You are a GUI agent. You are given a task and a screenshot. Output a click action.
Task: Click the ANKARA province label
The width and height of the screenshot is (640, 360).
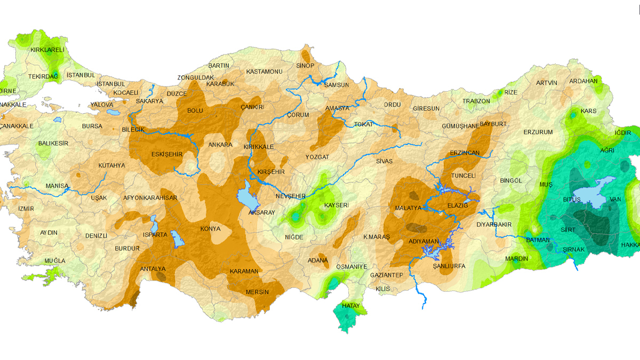tap(220, 145)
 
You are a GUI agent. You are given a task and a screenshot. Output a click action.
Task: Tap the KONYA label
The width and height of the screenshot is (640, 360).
tap(210, 229)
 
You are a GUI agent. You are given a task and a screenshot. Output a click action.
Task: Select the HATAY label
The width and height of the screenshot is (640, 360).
tap(350, 306)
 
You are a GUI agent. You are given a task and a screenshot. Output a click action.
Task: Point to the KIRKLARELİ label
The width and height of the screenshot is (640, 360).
tap(47, 50)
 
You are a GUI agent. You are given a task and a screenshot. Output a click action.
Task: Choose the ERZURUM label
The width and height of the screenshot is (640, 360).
tap(538, 132)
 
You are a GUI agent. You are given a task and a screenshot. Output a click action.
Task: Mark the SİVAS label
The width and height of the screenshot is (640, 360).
tap(384, 161)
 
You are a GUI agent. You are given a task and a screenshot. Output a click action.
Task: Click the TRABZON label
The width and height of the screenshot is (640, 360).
tap(476, 101)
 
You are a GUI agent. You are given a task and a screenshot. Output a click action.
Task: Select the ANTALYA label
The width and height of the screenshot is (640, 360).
tap(153, 269)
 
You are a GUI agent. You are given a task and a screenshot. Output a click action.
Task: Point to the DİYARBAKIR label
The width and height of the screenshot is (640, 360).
tap(494, 225)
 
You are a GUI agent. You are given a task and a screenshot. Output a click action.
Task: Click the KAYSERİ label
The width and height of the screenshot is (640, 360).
tap(336, 205)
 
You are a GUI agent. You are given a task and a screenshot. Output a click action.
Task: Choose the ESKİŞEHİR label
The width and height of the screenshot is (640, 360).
tap(167, 154)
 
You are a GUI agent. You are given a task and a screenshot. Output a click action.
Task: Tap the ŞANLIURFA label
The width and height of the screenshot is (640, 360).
tap(449, 266)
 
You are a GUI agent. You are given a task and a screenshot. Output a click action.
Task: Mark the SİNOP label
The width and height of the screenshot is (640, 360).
tap(306, 66)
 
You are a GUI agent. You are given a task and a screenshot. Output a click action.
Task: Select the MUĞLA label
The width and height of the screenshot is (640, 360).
tap(55, 260)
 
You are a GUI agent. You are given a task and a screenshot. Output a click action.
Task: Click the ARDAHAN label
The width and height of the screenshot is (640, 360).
tap(583, 81)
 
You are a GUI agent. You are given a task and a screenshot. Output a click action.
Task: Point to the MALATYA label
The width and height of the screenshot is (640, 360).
tap(408, 207)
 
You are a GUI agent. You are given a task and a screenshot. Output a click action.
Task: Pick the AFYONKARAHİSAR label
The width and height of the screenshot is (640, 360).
tap(150, 198)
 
